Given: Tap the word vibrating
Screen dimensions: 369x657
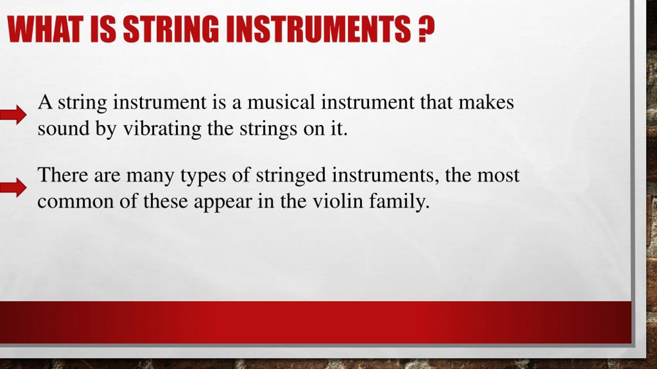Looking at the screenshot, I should pyautogui.click(x=162, y=129).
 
